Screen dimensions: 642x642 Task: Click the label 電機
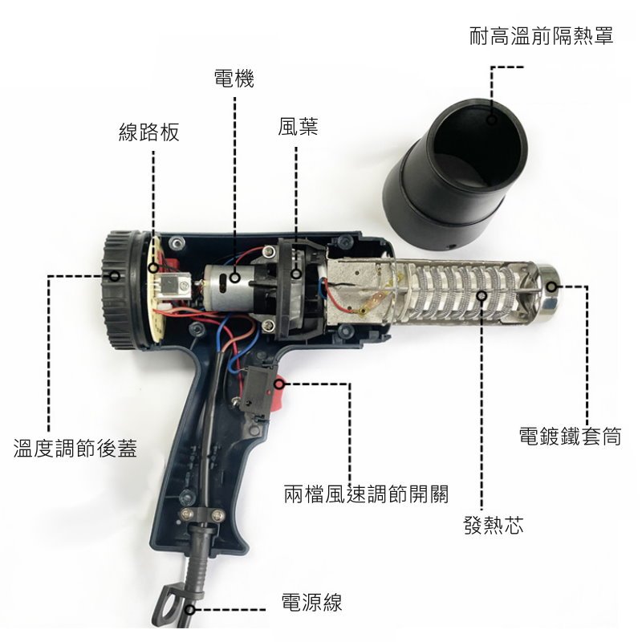pyautogui.click(x=234, y=79)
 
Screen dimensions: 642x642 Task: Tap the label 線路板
pyautogui.click(x=149, y=132)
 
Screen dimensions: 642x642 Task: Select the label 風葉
pyautogui.click(x=298, y=126)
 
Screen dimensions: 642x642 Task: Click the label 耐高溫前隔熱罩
pyautogui.click(x=541, y=35)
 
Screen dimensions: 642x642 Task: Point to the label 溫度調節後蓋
pyautogui.click(x=75, y=448)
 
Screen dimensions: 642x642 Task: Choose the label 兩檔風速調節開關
pyautogui.click(x=366, y=494)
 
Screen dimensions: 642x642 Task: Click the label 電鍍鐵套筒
pyautogui.click(x=570, y=436)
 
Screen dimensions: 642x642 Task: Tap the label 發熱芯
pyautogui.click(x=494, y=525)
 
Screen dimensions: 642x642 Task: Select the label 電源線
pyautogui.click(x=311, y=603)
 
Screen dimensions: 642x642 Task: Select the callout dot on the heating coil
pyautogui.click(x=482, y=295)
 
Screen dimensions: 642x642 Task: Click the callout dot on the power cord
pyautogui.click(x=189, y=610)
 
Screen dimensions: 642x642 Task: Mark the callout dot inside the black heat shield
pyautogui.click(x=492, y=119)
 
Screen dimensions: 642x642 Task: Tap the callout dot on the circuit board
pyautogui.click(x=153, y=269)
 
